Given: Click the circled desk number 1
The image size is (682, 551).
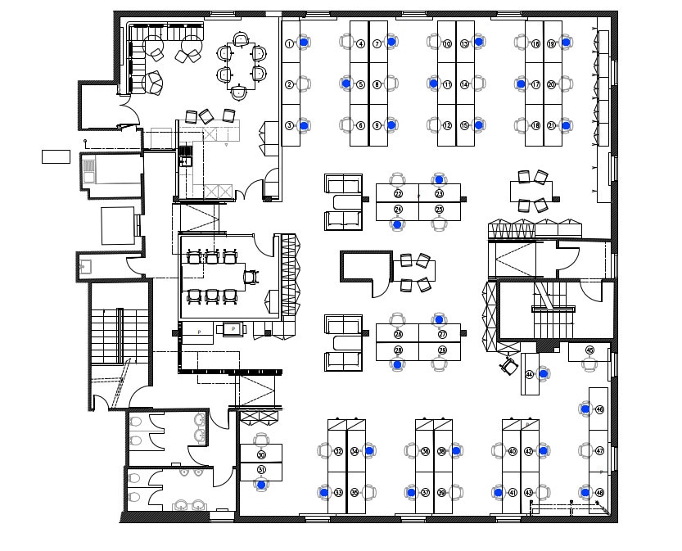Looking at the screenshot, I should (x=289, y=43).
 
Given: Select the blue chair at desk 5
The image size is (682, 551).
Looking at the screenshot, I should (x=346, y=84).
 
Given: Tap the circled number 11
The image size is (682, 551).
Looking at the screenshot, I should (x=447, y=84).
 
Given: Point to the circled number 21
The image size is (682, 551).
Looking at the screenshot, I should (x=551, y=125).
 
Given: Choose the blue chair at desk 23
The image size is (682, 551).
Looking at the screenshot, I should (x=440, y=179).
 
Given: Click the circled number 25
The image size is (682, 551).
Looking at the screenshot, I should (x=440, y=210).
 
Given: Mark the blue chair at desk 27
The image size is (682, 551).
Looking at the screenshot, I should (x=440, y=319).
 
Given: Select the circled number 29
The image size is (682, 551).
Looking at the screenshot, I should (x=442, y=350).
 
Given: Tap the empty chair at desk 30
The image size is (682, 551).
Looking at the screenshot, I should (x=261, y=440).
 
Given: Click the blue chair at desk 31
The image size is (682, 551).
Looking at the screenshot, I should (x=261, y=485).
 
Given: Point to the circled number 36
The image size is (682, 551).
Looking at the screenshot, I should (x=425, y=451).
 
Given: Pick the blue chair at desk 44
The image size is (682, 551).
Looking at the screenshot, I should (x=543, y=373).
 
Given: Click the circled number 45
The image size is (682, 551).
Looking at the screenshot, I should (x=589, y=350).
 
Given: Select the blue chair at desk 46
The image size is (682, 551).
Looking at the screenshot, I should (x=585, y=409).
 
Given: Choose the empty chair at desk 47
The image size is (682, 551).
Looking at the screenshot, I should (x=585, y=450).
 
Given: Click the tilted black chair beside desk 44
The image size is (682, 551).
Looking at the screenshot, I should (x=509, y=367).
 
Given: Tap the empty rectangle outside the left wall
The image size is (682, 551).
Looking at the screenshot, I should (x=56, y=156).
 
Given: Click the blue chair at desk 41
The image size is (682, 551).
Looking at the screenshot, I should (x=498, y=493).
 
